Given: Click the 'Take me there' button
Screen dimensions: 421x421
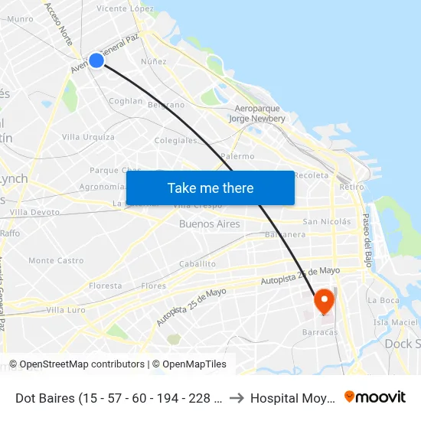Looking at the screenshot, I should point(210,188).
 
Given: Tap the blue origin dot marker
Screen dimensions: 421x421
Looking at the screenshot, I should point(96,60).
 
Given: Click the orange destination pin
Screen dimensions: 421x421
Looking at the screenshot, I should point(324,300).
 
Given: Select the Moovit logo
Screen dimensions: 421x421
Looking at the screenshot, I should point(375,397).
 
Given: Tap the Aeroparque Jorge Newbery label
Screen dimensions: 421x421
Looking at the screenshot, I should point(257,113).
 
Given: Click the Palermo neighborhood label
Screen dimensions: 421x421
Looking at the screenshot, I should point(237,156).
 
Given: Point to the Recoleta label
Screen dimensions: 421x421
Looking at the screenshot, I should point(312,175).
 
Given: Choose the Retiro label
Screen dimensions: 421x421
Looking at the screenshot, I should point(351,187).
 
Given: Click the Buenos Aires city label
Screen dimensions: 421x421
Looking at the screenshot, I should point(209,224).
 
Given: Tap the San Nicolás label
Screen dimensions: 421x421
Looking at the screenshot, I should point(327,222).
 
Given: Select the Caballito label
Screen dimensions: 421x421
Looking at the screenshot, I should point(197,263).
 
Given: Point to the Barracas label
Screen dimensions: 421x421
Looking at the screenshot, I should point(320,332).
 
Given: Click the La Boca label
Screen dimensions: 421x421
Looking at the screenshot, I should point(383,300).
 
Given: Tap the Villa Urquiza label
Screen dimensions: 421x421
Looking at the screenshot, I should point(88,137).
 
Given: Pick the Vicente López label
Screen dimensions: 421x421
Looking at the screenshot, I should point(125,8).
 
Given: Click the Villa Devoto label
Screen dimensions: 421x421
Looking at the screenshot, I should point(34,212).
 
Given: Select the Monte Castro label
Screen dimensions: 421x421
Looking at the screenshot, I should point(56,260).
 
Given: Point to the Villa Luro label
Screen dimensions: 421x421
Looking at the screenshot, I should point(66,310).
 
